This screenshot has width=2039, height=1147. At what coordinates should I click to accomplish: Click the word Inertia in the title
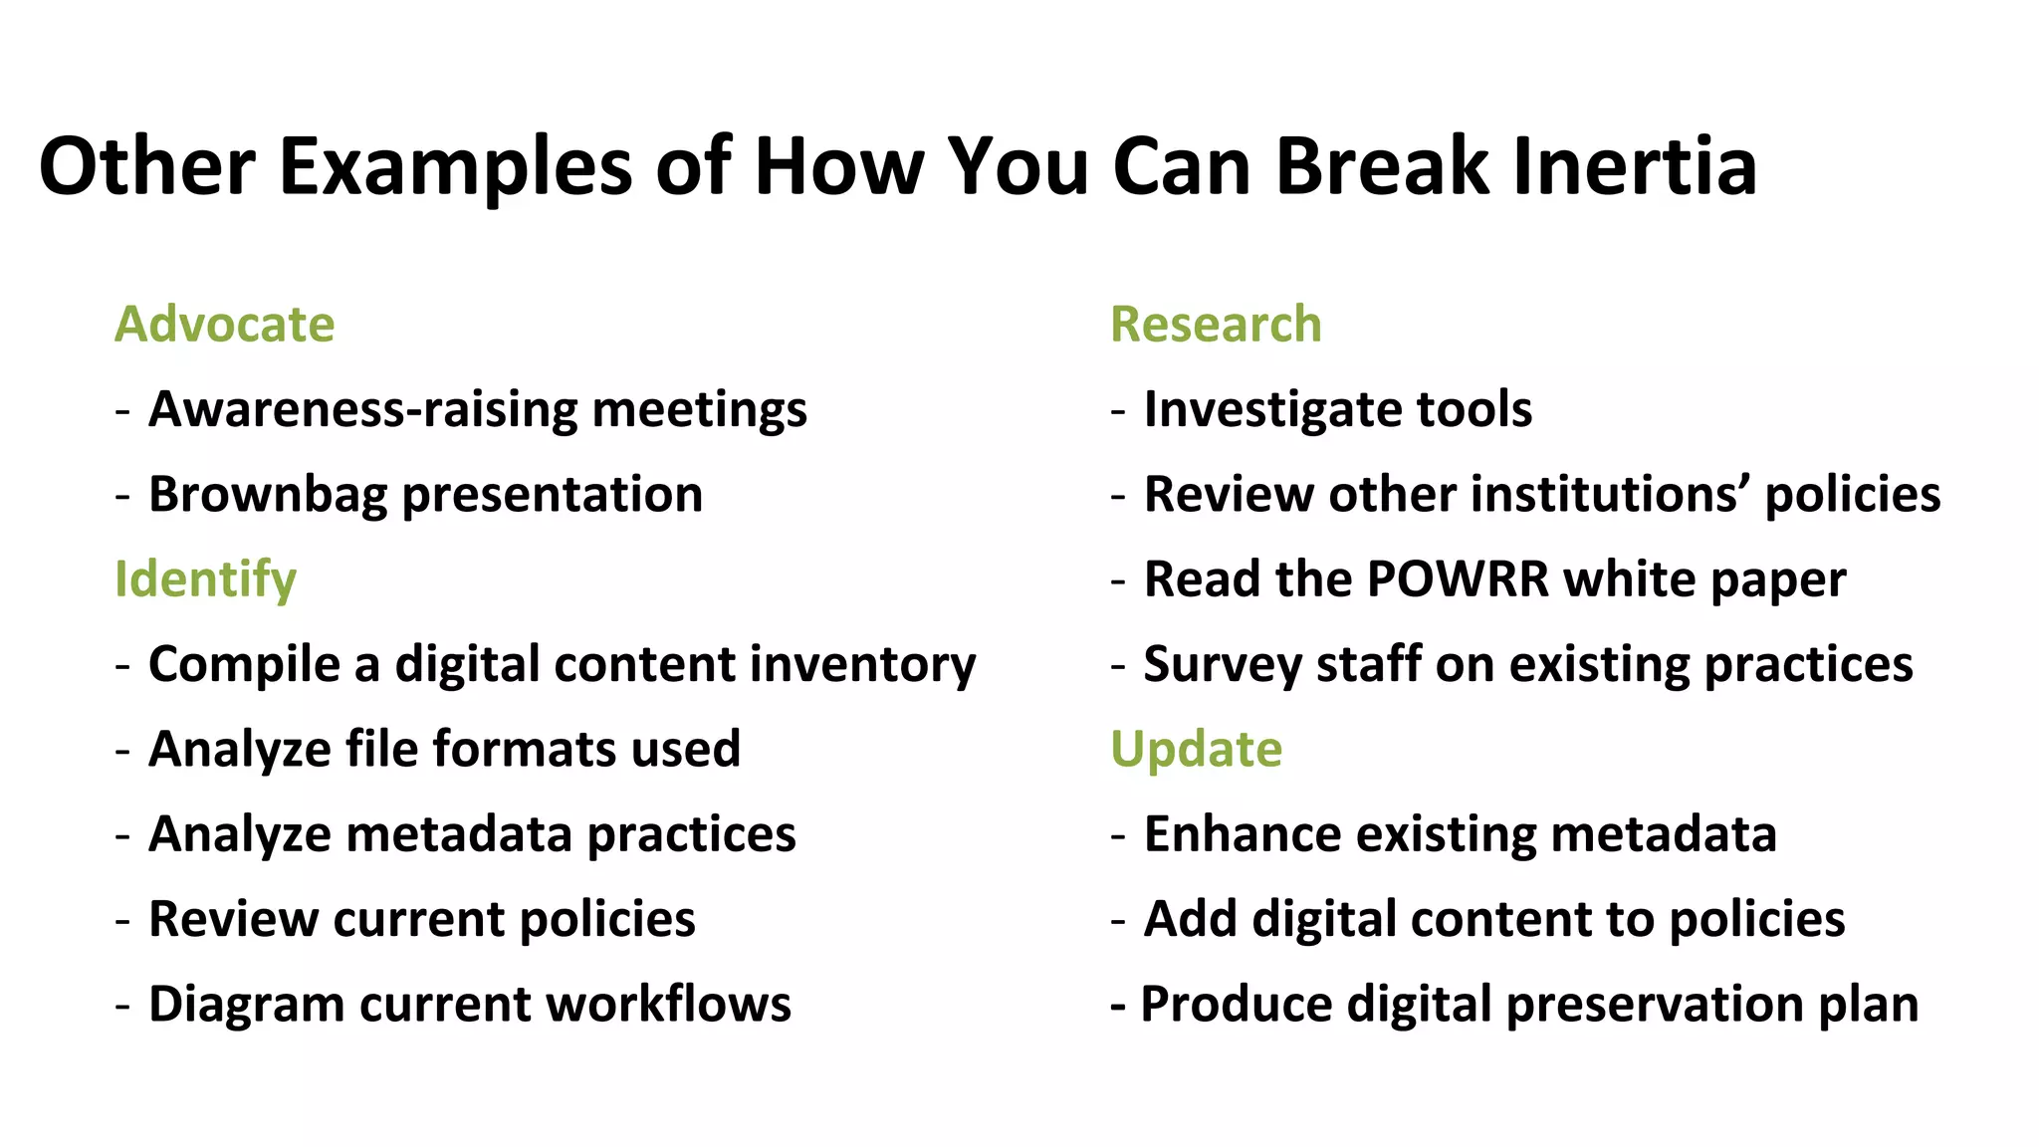click(x=1634, y=166)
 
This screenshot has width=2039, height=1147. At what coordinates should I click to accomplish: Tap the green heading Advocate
click(x=225, y=325)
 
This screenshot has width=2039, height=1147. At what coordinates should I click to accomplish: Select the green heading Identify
click(x=205, y=579)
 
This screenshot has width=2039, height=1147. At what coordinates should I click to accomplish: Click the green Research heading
click(x=1216, y=325)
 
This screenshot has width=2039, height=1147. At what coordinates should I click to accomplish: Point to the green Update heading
click(x=1196, y=749)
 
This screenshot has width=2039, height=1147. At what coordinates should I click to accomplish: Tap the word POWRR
click(x=1458, y=579)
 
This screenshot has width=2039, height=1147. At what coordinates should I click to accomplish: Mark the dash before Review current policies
click(x=122, y=920)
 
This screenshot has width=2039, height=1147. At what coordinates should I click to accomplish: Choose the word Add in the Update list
click(x=1190, y=919)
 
